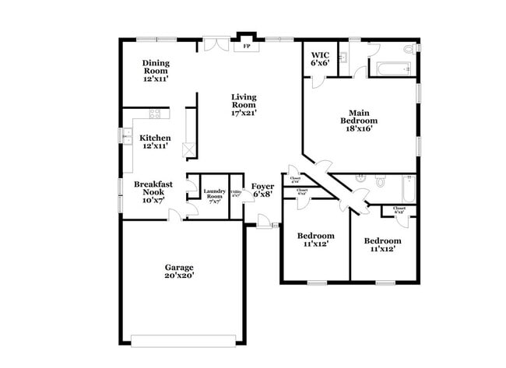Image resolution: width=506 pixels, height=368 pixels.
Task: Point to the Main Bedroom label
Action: [359, 121]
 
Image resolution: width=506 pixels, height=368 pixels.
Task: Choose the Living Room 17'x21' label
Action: [243, 104]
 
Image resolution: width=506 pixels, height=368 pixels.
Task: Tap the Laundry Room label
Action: [214, 194]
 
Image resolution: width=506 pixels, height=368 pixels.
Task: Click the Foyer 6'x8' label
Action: [262, 191]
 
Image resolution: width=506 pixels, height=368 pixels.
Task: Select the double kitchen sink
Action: [126, 137]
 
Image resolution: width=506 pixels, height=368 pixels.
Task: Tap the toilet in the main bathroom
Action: [408, 50]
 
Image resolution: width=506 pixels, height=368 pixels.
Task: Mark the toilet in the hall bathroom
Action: [381, 183]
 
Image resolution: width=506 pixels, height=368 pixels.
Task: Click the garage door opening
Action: [183, 341]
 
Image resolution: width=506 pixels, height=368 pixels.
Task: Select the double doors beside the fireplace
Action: [213, 44]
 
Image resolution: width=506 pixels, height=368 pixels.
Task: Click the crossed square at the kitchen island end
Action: [187, 151]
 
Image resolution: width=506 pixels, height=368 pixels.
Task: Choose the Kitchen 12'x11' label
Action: [155, 142]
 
